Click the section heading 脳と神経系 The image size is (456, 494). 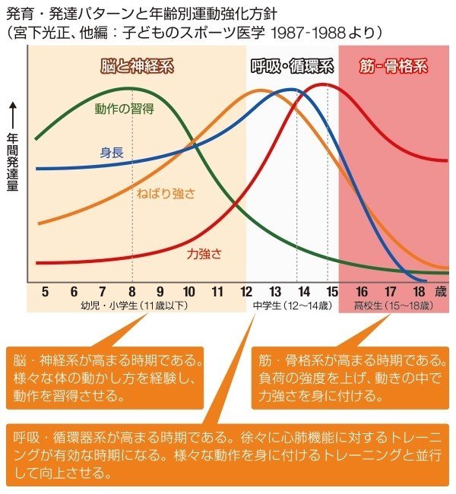coord(138,65)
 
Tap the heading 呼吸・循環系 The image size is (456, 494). coord(293,65)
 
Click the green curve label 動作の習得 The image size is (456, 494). coord(125,108)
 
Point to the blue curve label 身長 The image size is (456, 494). coord(112,152)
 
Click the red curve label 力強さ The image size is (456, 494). coord(204,254)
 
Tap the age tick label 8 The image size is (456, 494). coord(131,291)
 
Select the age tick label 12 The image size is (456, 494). coord(246,291)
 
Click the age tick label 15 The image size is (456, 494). coord(331,291)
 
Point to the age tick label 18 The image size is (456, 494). coord(417,291)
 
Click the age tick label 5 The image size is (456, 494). coord(45,291)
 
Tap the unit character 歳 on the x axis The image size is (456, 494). coord(441,291)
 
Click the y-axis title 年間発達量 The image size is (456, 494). coord(12,165)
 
